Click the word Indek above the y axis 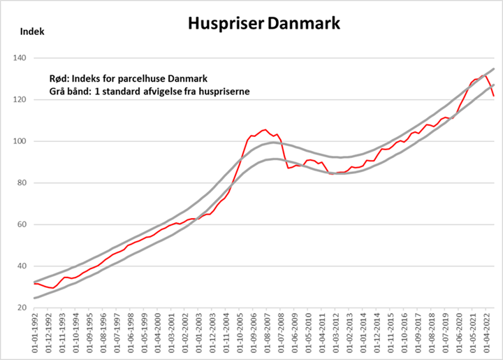pyautogui.click(x=33, y=31)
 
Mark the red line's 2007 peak pyautogui.click(x=264, y=130)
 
